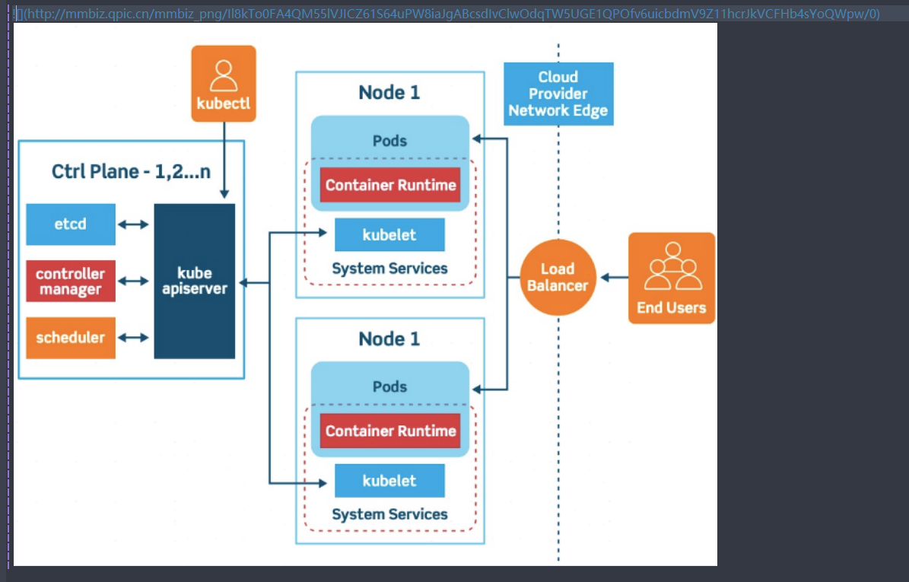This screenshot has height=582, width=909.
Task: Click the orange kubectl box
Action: (224, 84)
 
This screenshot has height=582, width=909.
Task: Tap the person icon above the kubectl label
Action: (224, 75)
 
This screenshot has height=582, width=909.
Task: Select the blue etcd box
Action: (71, 224)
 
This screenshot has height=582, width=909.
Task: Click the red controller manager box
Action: (71, 281)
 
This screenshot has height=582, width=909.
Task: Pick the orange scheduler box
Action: (71, 337)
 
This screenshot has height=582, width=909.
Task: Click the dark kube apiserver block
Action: (195, 281)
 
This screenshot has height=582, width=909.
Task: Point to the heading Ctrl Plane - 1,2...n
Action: (131, 172)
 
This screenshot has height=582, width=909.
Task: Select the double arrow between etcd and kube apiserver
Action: (133, 224)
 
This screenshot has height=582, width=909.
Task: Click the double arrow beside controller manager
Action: (133, 281)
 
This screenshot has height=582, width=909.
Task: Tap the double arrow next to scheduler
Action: (133, 337)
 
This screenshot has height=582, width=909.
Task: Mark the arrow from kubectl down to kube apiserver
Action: (224, 161)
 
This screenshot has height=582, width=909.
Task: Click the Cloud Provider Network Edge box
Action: (559, 94)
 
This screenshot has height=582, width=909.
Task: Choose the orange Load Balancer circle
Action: (558, 278)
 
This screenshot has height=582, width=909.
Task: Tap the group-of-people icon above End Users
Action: (673, 266)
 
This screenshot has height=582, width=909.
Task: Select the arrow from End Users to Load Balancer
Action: (615, 278)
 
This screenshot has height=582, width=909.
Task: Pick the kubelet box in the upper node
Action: (389, 235)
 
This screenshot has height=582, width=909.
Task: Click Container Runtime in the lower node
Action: (391, 431)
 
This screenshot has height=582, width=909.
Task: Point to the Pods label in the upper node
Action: (389, 141)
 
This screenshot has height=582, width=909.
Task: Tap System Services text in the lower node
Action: (389, 514)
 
